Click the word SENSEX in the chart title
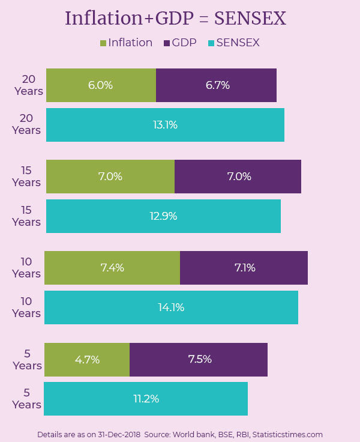(250, 19)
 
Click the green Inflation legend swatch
(103, 43)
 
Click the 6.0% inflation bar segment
(101, 85)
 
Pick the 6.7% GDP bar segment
(217, 85)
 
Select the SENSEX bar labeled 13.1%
(165, 125)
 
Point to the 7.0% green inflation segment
(110, 177)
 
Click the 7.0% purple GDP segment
(238, 177)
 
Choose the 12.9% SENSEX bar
(163, 216)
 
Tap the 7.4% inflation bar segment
(112, 268)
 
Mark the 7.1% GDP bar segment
(244, 268)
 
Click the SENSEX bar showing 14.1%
(171, 307)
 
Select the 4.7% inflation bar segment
(87, 360)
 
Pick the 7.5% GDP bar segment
(199, 360)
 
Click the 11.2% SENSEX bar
(146, 399)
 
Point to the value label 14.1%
(171, 307)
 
